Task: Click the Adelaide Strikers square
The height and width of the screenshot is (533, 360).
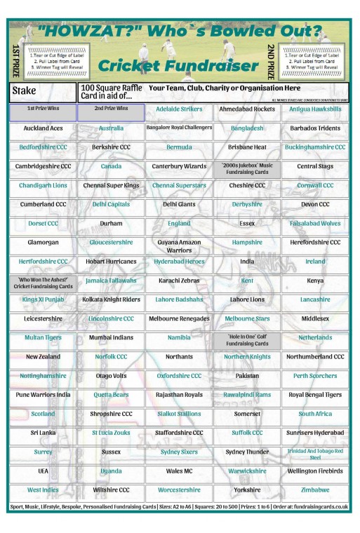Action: pos(178,109)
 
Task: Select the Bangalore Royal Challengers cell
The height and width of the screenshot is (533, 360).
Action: pos(178,128)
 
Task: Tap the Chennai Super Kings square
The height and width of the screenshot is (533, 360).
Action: pos(111,186)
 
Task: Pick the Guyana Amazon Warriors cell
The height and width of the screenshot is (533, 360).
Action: pos(178,245)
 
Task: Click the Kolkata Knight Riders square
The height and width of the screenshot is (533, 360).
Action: pos(111,299)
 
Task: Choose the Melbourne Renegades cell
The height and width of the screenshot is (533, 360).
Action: pos(178,318)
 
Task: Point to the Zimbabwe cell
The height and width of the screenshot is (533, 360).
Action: pos(315,490)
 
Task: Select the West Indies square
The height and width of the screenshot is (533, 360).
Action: pos(43,490)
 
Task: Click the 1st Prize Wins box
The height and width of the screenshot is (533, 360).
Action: pos(43,109)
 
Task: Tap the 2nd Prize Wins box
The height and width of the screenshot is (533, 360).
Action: pos(111,109)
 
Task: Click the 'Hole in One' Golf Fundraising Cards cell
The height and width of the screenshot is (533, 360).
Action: pos(246,340)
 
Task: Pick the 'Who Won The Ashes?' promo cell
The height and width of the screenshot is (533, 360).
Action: pos(43,283)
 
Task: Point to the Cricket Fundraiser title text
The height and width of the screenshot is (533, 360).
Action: pos(179,66)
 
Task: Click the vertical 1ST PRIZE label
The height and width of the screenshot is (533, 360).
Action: pos(15,60)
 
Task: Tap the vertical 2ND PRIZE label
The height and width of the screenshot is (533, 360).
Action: pos(271,60)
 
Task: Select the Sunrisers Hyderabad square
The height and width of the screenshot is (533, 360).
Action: pos(315,433)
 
